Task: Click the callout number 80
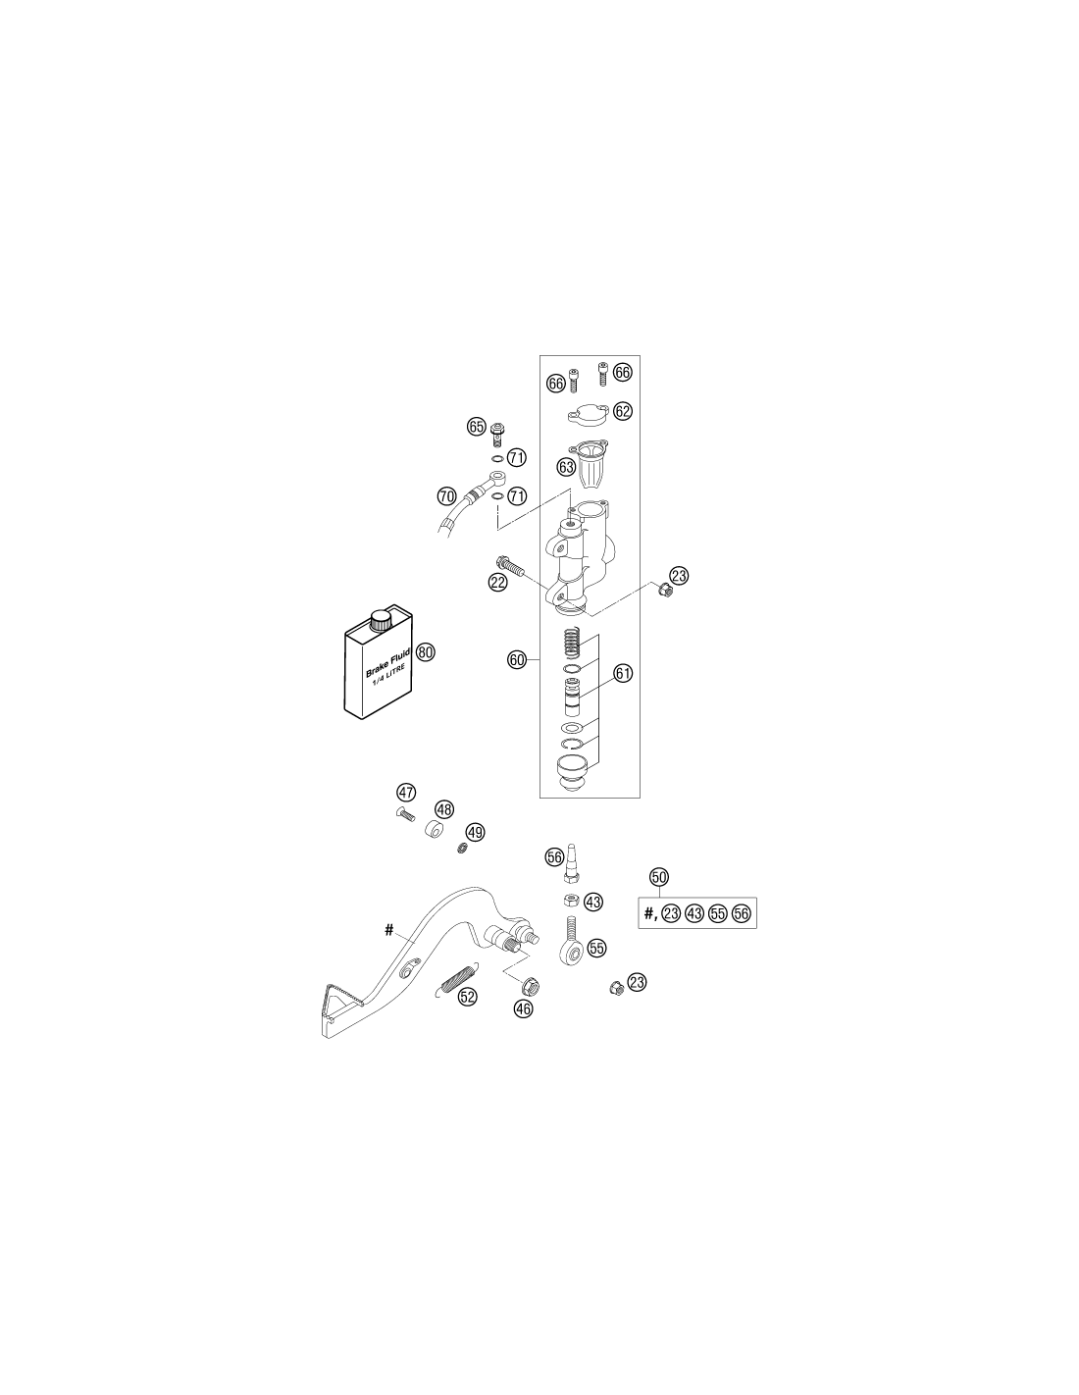coord(425,652)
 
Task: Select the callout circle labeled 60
coord(517,659)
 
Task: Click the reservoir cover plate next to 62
coord(587,414)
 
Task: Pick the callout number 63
coord(566,467)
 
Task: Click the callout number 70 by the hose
coord(446,495)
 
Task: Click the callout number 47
coord(405,793)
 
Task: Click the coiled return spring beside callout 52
coord(456,979)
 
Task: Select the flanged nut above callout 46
coord(532,985)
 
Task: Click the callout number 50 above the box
coord(659,876)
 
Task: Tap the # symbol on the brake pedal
coord(388,929)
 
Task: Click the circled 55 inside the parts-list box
coord(717,913)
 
